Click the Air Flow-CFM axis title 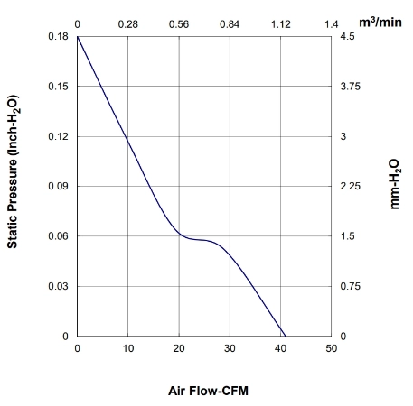pos(208,391)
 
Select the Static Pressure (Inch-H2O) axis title pos(13,171)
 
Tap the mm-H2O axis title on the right pos(395,184)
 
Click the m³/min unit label pos(380,23)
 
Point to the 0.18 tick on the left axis pos(58,36)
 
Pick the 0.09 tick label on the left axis pos(58,186)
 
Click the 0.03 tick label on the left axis pos(58,286)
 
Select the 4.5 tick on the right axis pos(347,36)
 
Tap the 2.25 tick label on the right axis pos(350,186)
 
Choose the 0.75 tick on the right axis pos(350,286)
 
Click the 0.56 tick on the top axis pos(179,24)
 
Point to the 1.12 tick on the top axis pos(281,24)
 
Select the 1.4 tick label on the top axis pos(332,24)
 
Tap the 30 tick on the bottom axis pos(230,348)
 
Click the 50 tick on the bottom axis pos(332,348)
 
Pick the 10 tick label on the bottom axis pos(128,348)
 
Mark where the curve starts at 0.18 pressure pos(78,37)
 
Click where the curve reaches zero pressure pos(286,336)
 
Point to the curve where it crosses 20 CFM pos(179,234)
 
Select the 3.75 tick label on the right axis pos(350,87)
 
